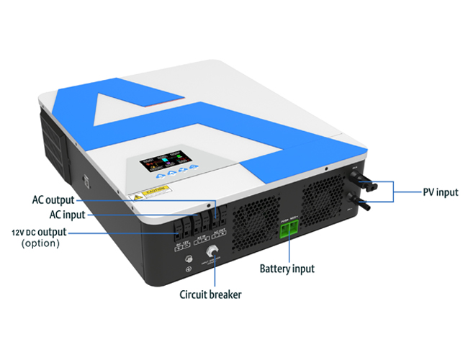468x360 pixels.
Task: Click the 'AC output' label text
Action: (53, 199)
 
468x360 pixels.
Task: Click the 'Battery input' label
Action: (287, 269)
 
